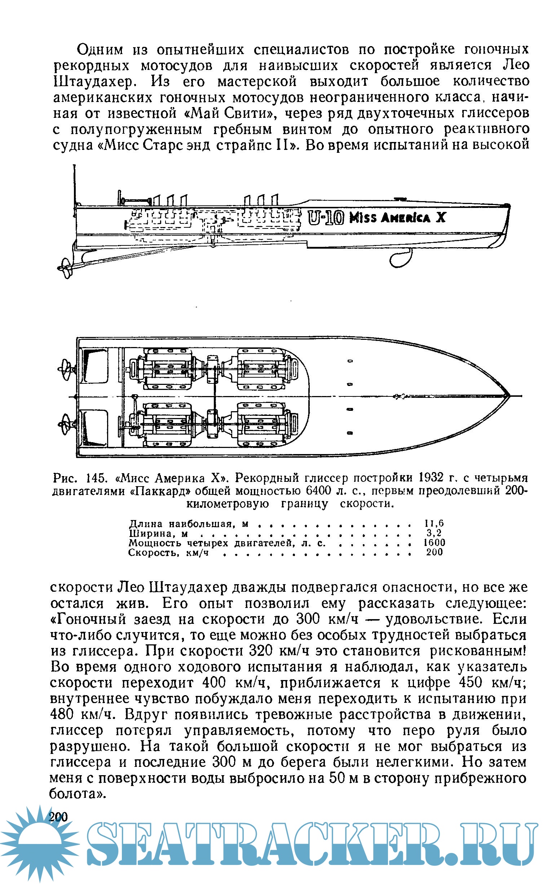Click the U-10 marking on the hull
(x=326, y=218)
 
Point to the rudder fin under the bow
(x=401, y=257)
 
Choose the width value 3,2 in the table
(x=434, y=533)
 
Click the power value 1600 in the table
(x=434, y=543)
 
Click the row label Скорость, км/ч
(x=169, y=553)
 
